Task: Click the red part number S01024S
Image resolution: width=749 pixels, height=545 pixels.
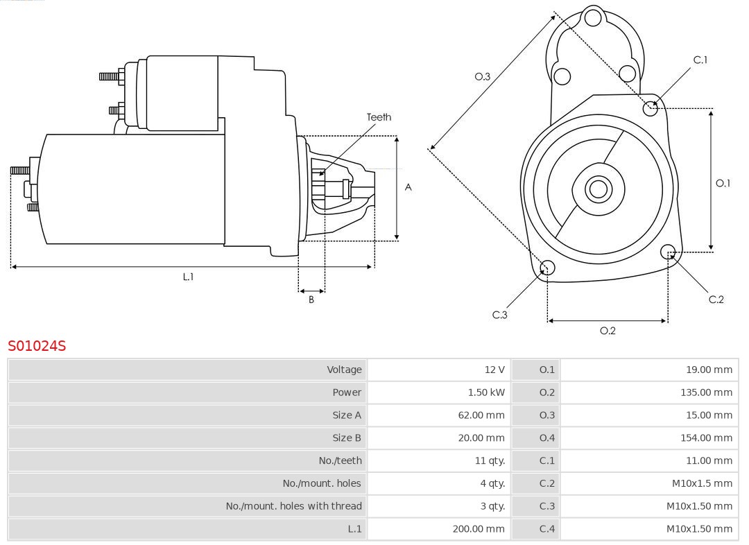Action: click(x=37, y=345)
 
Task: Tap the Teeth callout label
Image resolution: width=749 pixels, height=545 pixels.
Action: click(x=379, y=117)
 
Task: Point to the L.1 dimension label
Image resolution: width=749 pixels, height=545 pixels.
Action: click(x=188, y=277)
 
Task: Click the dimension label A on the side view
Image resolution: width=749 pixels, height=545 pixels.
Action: click(x=408, y=187)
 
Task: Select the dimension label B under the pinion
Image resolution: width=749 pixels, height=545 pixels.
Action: click(x=311, y=300)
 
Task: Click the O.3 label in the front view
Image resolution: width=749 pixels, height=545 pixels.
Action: click(x=482, y=76)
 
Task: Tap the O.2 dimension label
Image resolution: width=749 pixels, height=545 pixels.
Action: click(x=608, y=331)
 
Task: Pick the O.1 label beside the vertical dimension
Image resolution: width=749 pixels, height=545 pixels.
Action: click(x=723, y=183)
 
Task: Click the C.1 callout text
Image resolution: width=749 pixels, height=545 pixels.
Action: click(x=700, y=60)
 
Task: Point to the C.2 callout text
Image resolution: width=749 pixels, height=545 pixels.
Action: click(x=716, y=300)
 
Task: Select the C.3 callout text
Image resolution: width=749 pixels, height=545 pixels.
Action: click(x=500, y=315)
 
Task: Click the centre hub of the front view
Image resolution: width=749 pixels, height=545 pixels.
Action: click(x=597, y=189)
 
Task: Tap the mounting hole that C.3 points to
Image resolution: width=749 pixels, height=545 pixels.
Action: click(x=547, y=268)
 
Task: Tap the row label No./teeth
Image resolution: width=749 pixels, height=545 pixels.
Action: click(x=341, y=460)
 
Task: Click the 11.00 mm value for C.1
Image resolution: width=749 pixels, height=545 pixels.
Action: click(x=709, y=460)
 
